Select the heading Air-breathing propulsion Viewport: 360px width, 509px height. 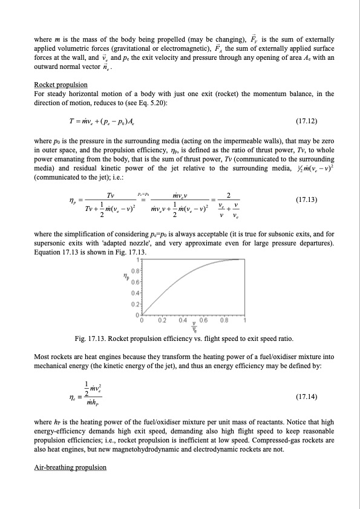(x=70, y=467)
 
